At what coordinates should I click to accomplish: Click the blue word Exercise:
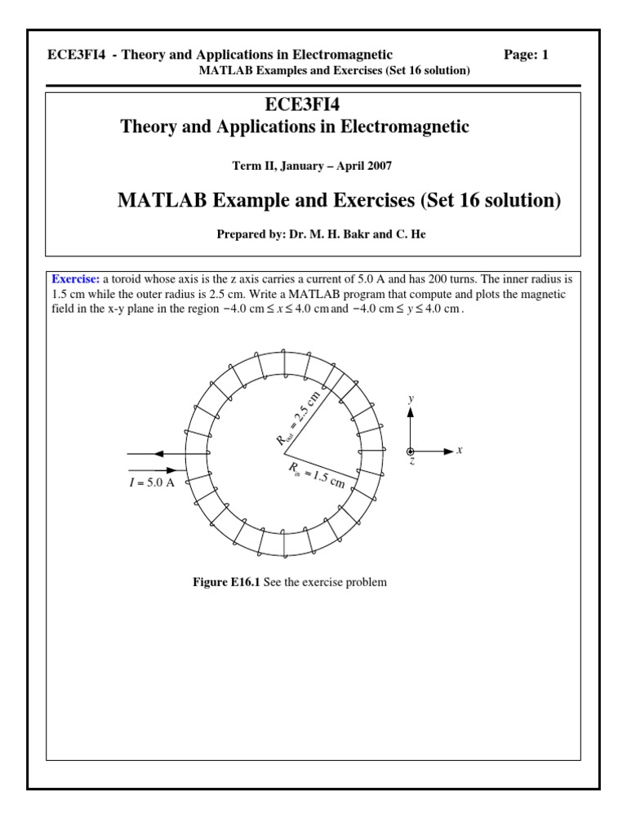pos(77,279)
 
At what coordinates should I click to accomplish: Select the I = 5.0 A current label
pos(153,482)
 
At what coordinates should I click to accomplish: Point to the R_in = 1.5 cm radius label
pos(317,475)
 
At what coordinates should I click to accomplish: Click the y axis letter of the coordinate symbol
pos(411,398)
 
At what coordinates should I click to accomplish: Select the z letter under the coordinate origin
pos(411,462)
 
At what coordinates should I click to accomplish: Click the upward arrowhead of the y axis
pos(411,412)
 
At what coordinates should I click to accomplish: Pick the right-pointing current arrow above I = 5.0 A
pos(171,469)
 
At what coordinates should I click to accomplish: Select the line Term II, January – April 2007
pos(312,166)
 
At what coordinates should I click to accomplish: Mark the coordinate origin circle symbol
pos(411,451)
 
